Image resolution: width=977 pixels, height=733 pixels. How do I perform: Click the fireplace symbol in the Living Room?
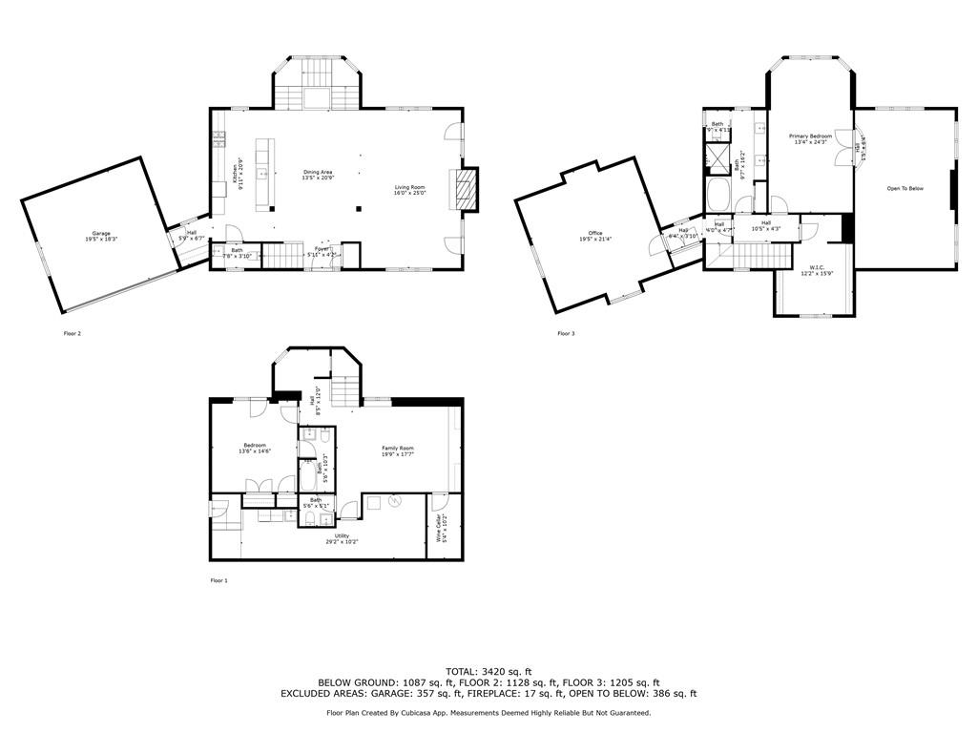click(464, 188)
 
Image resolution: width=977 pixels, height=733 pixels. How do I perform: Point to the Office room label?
click(595, 234)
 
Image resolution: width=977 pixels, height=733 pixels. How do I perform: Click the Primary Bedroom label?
click(810, 137)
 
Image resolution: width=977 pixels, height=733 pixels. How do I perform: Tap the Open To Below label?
click(904, 188)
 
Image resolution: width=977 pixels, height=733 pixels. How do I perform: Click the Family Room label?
click(398, 449)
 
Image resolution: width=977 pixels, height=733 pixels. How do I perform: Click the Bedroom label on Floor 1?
click(255, 446)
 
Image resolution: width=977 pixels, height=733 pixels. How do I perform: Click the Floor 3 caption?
click(566, 333)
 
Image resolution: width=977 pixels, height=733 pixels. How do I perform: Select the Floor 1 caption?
click(218, 579)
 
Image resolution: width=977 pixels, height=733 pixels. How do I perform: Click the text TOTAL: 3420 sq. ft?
click(488, 672)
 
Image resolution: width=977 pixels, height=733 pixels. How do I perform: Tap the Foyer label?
click(323, 249)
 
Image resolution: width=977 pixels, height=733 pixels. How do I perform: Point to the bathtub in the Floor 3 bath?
click(718, 197)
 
